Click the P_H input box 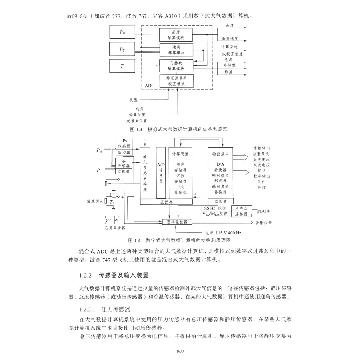pyautogui.click(x=122, y=32)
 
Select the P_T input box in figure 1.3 pyautogui.click(x=122, y=49)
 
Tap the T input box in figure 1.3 pyautogui.click(x=122, y=66)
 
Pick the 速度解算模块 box pyautogui.click(x=176, y=50)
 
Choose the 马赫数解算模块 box pyautogui.click(x=176, y=65)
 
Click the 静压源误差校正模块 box pyautogui.click(x=176, y=81)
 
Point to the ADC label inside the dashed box pyautogui.click(x=149, y=86)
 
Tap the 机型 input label pyautogui.click(x=133, y=100)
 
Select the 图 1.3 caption pyautogui.click(x=179, y=130)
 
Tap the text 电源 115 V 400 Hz pyautogui.click(x=223, y=232)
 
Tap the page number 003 pyautogui.click(x=180, y=351)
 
